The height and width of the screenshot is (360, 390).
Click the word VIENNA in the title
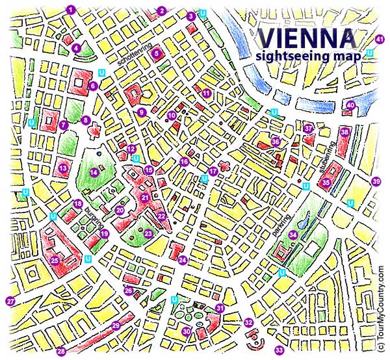pyautogui.click(x=307, y=36)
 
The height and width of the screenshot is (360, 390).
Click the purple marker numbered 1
pyautogui.click(x=71, y=9)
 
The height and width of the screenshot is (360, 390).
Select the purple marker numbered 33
pyautogui.click(x=279, y=351)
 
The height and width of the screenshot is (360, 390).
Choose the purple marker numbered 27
pyautogui.click(x=10, y=301)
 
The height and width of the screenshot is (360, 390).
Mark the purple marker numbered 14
pyautogui.click(x=94, y=172)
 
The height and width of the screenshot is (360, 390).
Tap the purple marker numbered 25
pyautogui.click(x=55, y=261)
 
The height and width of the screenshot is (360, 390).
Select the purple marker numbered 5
pyautogui.click(x=157, y=55)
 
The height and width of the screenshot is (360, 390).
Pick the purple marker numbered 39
pyautogui.click(x=376, y=181)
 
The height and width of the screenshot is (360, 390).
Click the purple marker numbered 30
pyautogui.click(x=186, y=331)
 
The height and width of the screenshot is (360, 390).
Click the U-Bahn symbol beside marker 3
pyautogui.click(x=203, y=13)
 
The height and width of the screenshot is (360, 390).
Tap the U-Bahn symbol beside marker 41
pyautogui.click(x=370, y=52)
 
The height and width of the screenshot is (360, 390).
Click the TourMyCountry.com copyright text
pyautogui.click(x=382, y=305)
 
